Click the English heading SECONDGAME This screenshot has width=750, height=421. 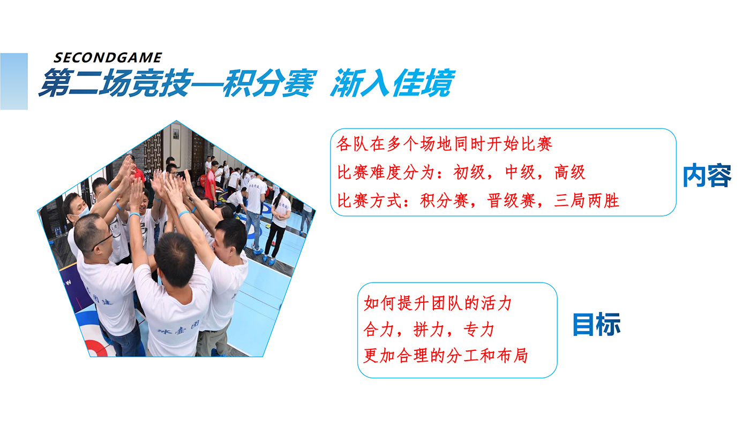click(x=108, y=58)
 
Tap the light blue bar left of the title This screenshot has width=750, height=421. click(x=14, y=81)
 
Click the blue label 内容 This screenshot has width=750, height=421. click(x=707, y=175)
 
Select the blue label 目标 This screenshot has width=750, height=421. click(x=596, y=324)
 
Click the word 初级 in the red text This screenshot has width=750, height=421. click(x=469, y=173)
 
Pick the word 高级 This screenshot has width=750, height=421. click(x=569, y=173)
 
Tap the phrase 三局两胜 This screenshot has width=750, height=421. click(x=587, y=201)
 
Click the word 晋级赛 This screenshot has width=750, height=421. click(x=511, y=201)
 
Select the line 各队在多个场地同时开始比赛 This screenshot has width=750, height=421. click(x=444, y=144)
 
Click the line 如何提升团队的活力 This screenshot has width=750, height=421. click(x=438, y=303)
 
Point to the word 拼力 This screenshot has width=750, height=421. click(x=429, y=330)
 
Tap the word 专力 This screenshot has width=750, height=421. click(x=479, y=330)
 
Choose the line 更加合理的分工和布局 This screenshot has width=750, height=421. click(x=446, y=355)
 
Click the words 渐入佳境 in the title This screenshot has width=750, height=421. click(x=392, y=83)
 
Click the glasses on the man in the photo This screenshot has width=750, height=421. click(x=102, y=241)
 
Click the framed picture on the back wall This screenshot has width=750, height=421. click(x=176, y=134)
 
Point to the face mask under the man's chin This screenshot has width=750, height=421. click(x=81, y=213)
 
